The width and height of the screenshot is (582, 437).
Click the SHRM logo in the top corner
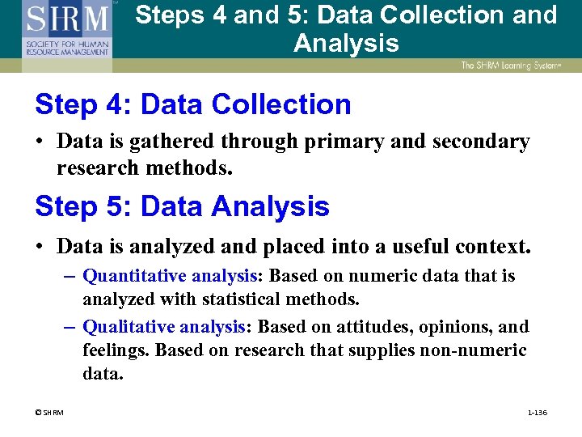pyautogui.click(x=66, y=29)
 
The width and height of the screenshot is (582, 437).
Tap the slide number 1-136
pyautogui.click(x=537, y=413)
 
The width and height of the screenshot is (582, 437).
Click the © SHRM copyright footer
pyautogui.click(x=49, y=413)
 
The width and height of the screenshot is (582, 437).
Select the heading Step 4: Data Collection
pyautogui.click(x=193, y=104)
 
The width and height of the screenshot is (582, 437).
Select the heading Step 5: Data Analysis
pyautogui.click(x=182, y=206)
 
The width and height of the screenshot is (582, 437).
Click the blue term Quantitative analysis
pyautogui.click(x=170, y=276)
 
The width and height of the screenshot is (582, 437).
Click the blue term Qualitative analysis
pyautogui.click(x=165, y=327)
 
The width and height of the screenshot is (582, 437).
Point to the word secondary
pyautogui.click(x=479, y=142)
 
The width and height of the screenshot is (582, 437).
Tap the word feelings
pyautogui.click(x=116, y=350)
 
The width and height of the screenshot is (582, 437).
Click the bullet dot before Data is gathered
pyautogui.click(x=40, y=142)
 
